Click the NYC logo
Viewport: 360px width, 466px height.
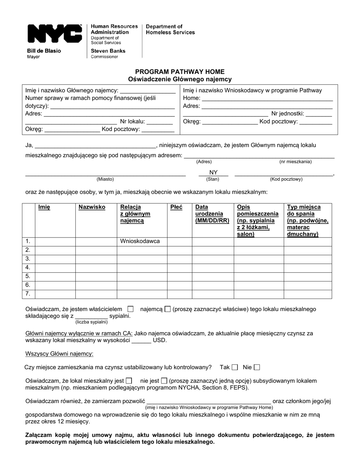(x=55, y=34)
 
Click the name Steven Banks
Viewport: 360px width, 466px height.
(x=108, y=51)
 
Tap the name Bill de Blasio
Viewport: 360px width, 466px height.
(x=44, y=51)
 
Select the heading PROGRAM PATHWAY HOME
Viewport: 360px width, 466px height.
(x=180, y=72)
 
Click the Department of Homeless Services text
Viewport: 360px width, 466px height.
(x=170, y=30)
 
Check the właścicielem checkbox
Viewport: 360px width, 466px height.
(x=131, y=309)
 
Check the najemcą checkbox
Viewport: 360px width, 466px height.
(x=168, y=309)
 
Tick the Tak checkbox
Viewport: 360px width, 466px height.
(x=235, y=367)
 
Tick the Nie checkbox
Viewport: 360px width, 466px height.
(x=257, y=367)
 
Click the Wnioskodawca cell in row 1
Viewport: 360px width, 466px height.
(x=140, y=241)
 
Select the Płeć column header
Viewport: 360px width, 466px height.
(x=176, y=207)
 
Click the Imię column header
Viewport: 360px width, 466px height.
(x=44, y=207)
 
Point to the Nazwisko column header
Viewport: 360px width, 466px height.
(x=92, y=207)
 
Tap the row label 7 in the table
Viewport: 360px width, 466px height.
(x=28, y=294)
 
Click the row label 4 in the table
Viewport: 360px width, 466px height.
(x=28, y=267)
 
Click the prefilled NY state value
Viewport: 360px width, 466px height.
(x=213, y=173)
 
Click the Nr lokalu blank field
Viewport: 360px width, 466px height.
(x=159, y=122)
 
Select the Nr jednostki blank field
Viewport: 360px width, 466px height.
(x=319, y=114)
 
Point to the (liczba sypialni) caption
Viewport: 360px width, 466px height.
(x=91, y=322)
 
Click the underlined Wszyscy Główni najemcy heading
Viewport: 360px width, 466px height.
(x=59, y=354)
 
